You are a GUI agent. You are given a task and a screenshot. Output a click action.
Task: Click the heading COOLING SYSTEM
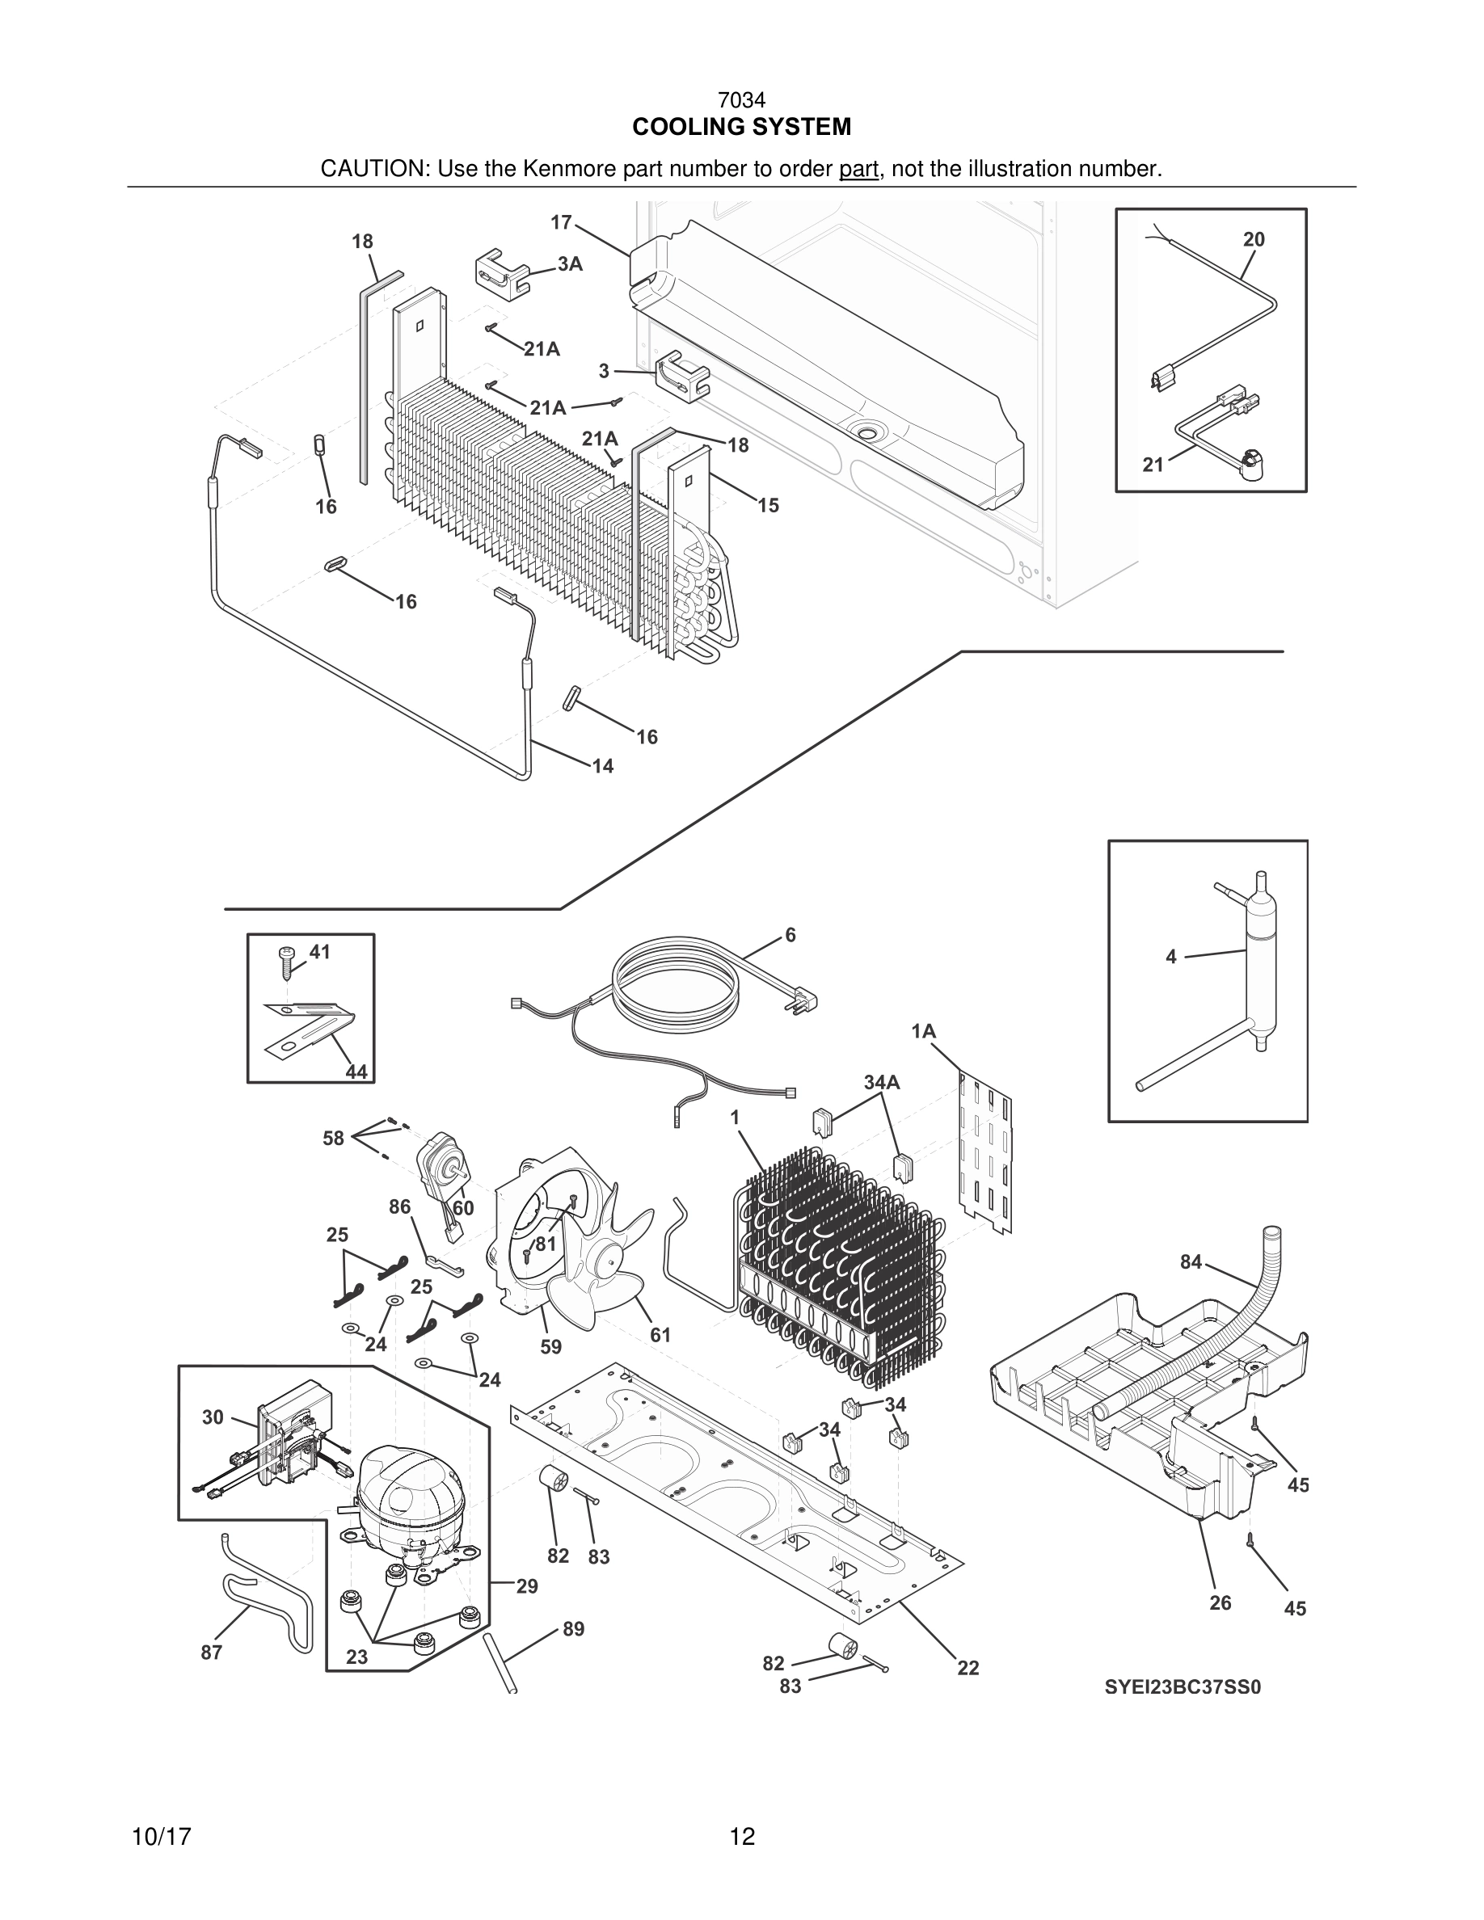(741, 128)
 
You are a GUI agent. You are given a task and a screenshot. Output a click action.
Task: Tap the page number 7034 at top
(741, 101)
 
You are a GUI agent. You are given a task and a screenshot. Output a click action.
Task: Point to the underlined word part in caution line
(859, 169)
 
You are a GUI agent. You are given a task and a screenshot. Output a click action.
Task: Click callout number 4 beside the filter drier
(1170, 957)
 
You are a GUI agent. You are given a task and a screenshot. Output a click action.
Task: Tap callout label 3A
(570, 263)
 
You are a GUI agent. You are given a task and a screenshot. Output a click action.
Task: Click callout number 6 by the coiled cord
(790, 936)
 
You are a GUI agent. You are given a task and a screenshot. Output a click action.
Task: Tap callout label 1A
(923, 1031)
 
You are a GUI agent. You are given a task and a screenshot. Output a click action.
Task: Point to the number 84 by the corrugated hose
(1191, 1261)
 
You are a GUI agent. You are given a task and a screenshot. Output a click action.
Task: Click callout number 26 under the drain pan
(1220, 1602)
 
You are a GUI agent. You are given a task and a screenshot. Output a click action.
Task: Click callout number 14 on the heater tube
(602, 766)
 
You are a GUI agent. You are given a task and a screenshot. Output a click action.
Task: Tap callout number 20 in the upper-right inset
(1254, 239)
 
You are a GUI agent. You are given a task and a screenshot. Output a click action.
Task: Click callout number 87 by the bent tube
(211, 1652)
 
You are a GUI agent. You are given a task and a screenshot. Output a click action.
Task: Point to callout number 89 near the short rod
(573, 1629)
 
